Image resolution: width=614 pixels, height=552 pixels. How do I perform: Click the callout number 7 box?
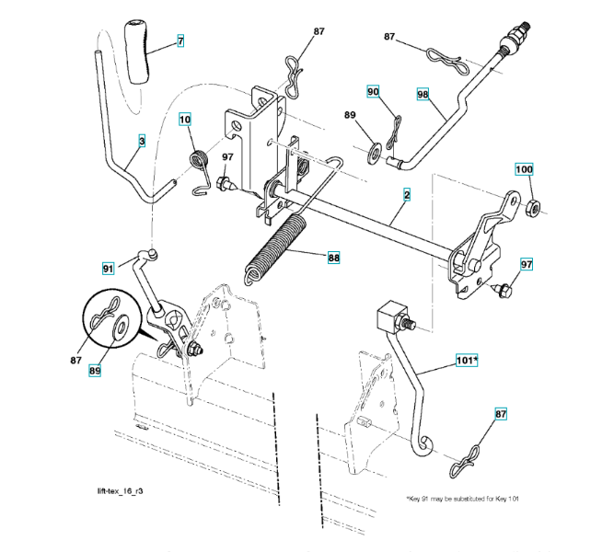(x=180, y=41)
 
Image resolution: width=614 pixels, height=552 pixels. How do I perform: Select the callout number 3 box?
(x=142, y=142)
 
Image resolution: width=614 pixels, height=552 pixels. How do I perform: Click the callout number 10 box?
(x=185, y=120)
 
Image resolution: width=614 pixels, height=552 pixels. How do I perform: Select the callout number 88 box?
(x=333, y=259)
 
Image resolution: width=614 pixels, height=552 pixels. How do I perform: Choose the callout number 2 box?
(x=406, y=194)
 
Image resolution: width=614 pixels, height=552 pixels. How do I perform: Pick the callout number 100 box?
(x=523, y=169)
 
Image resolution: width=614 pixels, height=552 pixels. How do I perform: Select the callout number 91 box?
(x=108, y=269)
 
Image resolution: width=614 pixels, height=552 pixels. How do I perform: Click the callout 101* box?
(x=467, y=362)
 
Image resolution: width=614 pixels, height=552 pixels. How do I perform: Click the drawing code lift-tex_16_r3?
(x=125, y=493)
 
